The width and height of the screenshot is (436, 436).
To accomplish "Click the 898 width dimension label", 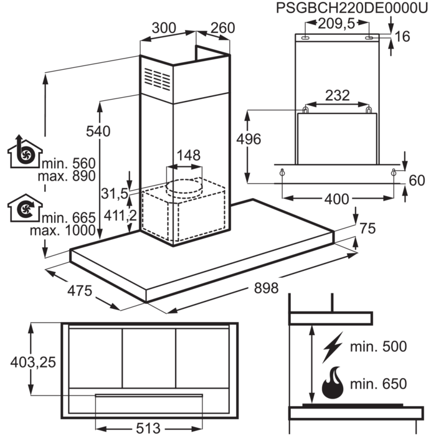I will (265, 287).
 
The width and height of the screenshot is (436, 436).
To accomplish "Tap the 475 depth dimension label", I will (80, 290).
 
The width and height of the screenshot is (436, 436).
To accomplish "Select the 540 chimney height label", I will (98, 131).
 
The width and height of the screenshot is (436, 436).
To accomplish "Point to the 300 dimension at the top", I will (164, 28).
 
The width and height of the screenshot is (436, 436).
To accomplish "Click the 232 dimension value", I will (338, 95).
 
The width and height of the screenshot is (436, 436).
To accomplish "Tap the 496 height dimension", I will (252, 140).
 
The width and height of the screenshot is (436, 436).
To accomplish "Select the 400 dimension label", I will (337, 198).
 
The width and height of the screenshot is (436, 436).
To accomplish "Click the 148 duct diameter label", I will (187, 154).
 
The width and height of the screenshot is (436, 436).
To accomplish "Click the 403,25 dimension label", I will (29, 361).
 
